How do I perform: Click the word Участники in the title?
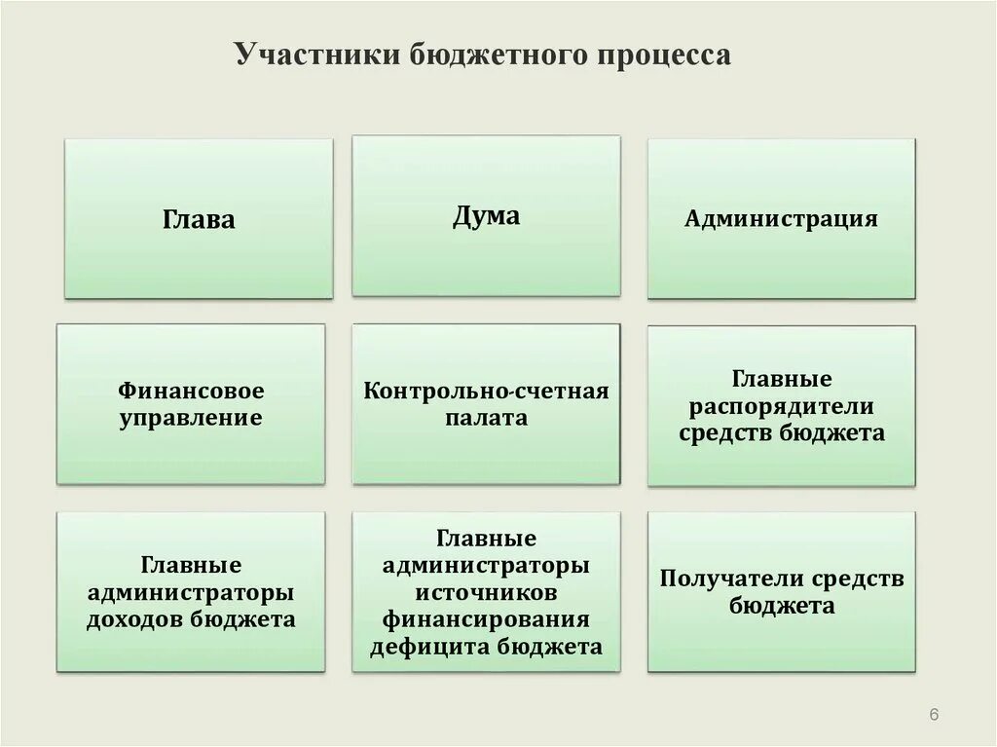[307, 56]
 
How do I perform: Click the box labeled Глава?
[199, 219]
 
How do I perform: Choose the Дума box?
[486, 215]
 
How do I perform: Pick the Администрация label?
[781, 218]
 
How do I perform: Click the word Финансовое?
[191, 392]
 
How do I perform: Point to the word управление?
[191, 419]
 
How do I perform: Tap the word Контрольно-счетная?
[486, 392]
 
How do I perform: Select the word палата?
[486, 419]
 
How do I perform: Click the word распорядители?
[781, 405]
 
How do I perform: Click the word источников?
[486, 592]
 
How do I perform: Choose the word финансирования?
[486, 619]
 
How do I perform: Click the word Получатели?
[720, 579]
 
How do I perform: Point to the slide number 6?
[934, 716]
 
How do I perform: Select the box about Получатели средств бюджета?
[781, 592]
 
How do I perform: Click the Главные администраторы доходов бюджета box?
[191, 592]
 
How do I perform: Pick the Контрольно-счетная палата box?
[486, 404]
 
